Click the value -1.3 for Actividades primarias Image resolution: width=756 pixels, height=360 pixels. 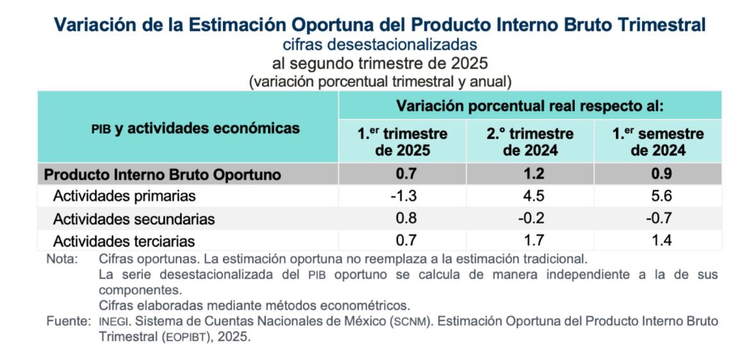coord(403,196)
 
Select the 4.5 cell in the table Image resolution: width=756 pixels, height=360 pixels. coord(530,196)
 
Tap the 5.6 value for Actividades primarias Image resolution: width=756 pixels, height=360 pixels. coord(658,196)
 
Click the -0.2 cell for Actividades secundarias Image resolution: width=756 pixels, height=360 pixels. coord(530,218)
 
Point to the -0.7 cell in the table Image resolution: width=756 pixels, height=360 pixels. coord(658,218)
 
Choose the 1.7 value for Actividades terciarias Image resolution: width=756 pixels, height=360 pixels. coord(530,241)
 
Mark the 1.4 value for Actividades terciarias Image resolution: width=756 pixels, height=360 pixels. coord(658,241)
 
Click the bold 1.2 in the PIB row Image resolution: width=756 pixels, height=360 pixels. coord(530,174)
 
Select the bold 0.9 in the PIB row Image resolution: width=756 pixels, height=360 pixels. coord(658,174)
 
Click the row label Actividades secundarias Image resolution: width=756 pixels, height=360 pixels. coord(133,219)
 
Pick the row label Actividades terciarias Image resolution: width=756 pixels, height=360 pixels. coord(124,241)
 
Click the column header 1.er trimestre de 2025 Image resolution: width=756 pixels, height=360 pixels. coord(402,142)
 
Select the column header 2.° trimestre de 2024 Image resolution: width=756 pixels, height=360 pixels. coord(530,142)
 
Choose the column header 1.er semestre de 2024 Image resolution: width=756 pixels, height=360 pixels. coord(658,142)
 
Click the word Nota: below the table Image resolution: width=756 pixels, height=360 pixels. coord(62,259)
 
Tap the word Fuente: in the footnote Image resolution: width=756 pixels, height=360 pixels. coord(67,320)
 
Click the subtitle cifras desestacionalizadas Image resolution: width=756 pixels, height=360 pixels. coord(380,44)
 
